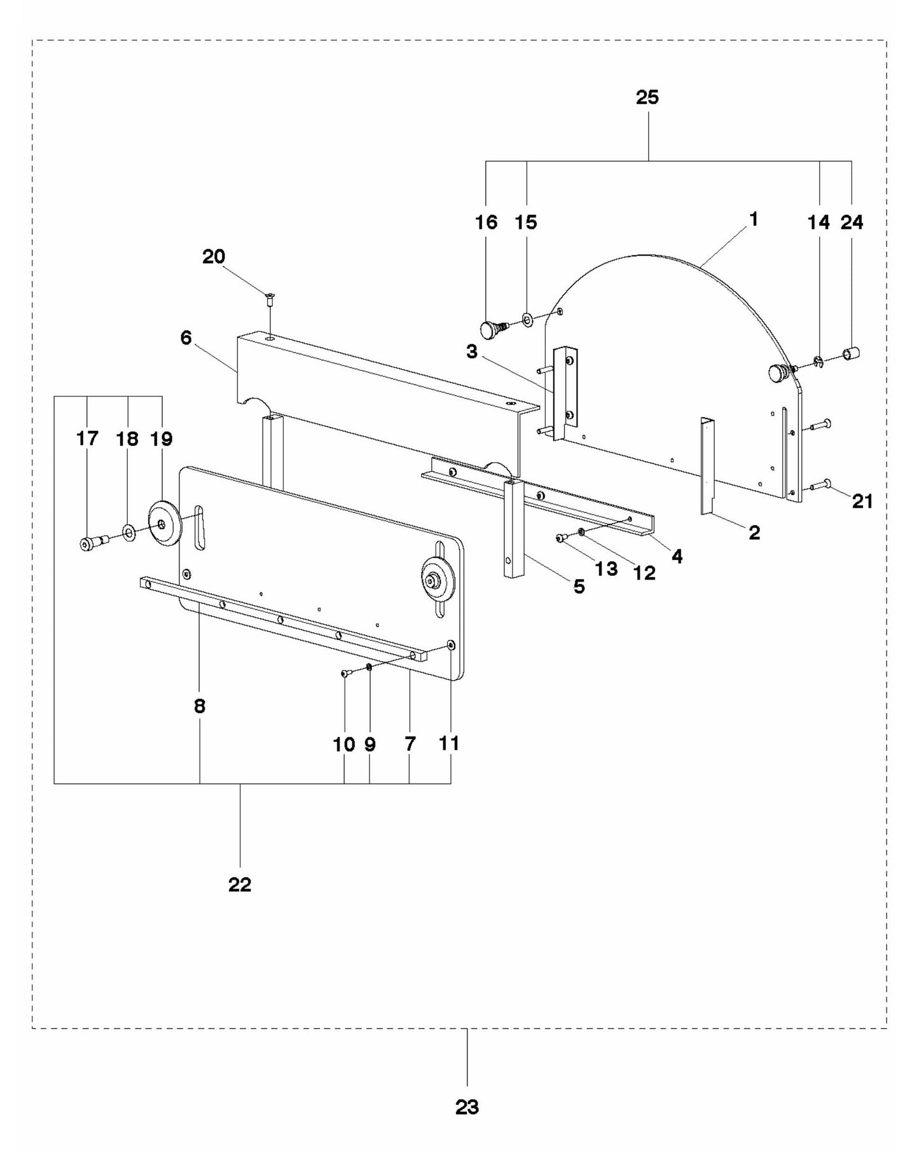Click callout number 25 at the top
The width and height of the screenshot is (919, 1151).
click(647, 97)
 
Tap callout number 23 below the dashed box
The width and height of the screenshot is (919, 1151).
click(467, 1107)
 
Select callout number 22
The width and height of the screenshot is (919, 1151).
click(240, 884)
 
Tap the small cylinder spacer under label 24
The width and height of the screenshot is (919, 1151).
click(851, 351)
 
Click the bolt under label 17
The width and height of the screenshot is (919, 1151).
click(90, 543)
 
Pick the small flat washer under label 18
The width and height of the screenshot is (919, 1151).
click(128, 531)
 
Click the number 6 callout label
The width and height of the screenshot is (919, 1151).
click(186, 337)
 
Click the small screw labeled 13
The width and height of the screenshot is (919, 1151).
click(560, 538)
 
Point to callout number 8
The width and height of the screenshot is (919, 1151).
click(200, 706)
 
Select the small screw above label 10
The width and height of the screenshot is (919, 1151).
click(345, 673)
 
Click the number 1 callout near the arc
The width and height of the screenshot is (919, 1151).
click(754, 220)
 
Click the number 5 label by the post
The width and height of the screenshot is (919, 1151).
click(579, 586)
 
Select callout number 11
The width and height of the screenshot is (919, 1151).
click(449, 743)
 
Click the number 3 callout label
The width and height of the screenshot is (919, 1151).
click(471, 351)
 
